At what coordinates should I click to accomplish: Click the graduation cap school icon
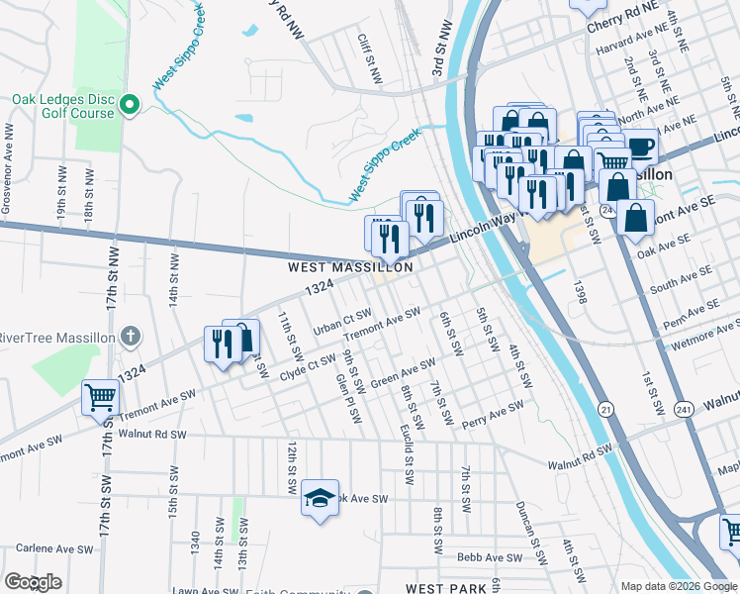point(320,499)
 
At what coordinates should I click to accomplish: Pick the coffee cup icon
point(639,147)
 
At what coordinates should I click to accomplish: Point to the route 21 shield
point(605,409)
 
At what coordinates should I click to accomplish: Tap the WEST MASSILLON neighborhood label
point(350,267)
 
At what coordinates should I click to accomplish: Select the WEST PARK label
point(445,588)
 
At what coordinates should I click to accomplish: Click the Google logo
point(33,582)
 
